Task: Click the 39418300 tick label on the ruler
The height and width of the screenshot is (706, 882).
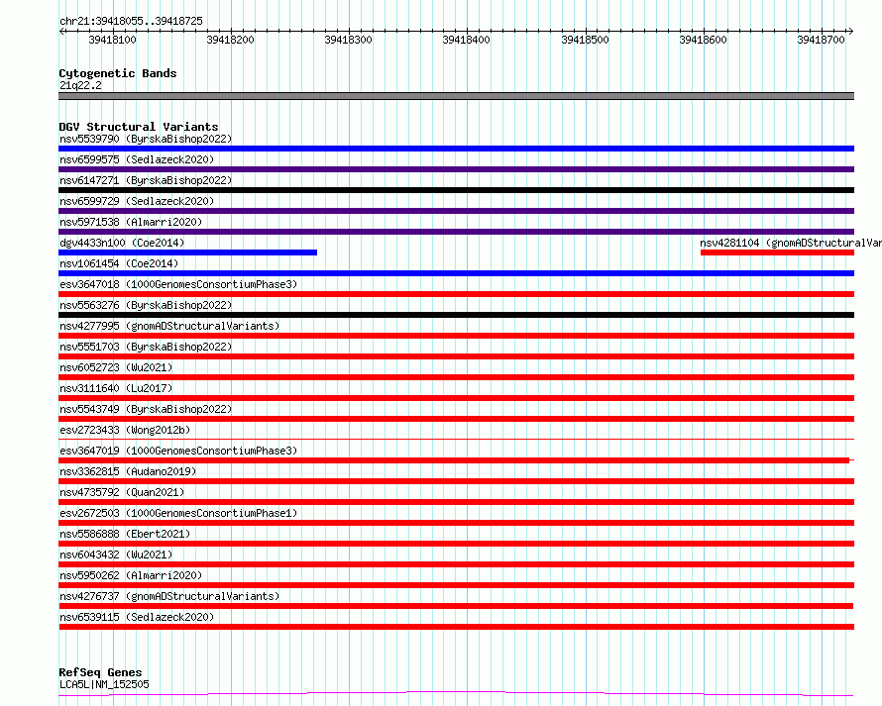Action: [348, 40]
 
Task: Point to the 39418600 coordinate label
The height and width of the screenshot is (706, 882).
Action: [704, 40]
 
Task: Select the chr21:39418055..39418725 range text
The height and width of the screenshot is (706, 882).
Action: [131, 22]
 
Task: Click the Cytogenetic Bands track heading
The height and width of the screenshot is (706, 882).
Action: [118, 73]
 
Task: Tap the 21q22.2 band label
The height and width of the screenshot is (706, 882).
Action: [80, 85]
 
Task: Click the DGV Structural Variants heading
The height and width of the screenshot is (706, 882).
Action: [139, 127]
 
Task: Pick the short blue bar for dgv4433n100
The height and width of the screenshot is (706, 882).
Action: [188, 252]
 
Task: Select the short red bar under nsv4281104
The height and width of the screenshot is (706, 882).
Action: [777, 252]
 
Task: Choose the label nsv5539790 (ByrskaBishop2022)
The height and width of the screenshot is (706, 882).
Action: [146, 139]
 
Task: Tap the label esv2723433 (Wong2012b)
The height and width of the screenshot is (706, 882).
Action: [125, 430]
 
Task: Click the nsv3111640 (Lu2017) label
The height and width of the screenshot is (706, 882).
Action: [116, 388]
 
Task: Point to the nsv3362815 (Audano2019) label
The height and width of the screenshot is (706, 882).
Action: [128, 471]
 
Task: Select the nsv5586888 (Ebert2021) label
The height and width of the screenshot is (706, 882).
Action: [125, 534]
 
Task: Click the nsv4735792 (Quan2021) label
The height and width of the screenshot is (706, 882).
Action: [122, 492]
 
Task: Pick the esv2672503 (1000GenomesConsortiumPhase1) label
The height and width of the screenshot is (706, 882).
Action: [178, 513]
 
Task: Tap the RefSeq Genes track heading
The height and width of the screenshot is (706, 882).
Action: [101, 672]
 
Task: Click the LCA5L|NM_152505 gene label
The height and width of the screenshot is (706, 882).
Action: [105, 684]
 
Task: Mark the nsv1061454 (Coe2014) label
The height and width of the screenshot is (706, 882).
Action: [119, 263]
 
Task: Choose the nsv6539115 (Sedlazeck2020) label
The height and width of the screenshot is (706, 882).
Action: [137, 617]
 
